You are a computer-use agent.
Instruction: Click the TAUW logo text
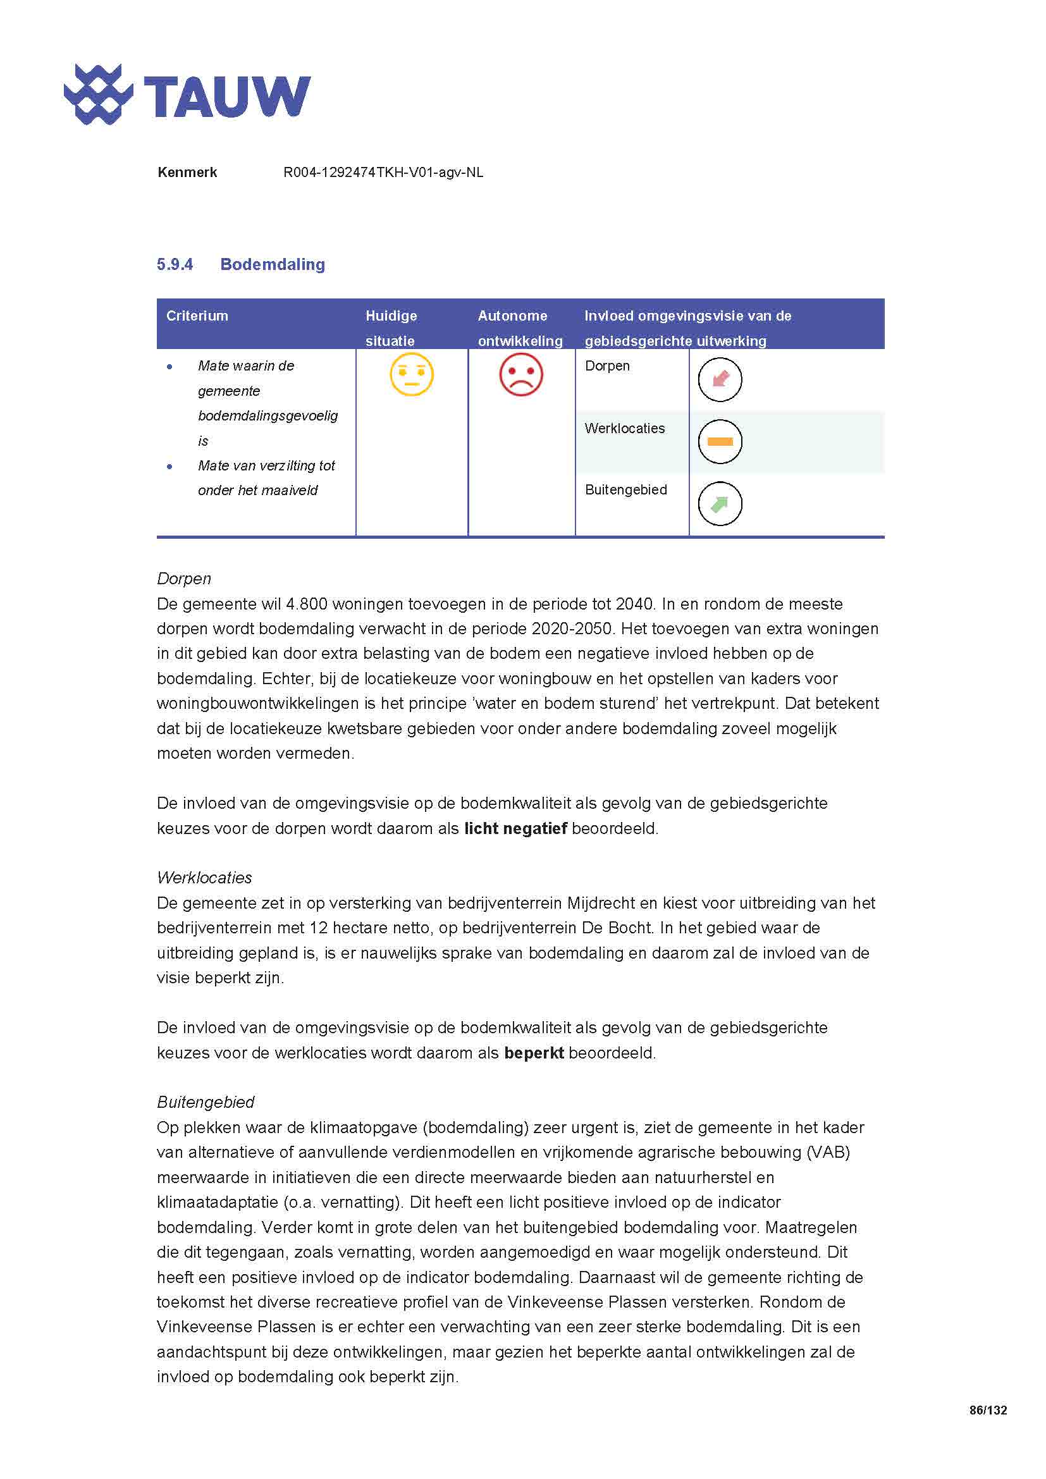click(x=227, y=97)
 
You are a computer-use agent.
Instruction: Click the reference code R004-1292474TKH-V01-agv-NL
click(x=383, y=173)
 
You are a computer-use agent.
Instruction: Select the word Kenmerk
click(x=187, y=173)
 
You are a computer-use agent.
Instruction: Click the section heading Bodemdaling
click(x=273, y=264)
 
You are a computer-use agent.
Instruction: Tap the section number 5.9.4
click(x=175, y=264)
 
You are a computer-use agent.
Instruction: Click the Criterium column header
click(x=197, y=316)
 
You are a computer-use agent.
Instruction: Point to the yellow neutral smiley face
click(x=412, y=374)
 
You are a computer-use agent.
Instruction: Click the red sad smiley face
click(x=521, y=374)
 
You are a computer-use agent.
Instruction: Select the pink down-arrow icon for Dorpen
click(x=720, y=379)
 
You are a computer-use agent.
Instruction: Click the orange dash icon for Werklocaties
click(x=720, y=441)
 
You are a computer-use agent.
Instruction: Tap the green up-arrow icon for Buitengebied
click(x=720, y=504)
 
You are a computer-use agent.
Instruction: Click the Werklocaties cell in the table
click(x=625, y=428)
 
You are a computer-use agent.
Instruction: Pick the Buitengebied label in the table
click(x=625, y=489)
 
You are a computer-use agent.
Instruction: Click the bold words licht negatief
click(x=515, y=828)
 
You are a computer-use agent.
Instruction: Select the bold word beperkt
click(x=534, y=1053)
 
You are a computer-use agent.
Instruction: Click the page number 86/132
click(x=987, y=1410)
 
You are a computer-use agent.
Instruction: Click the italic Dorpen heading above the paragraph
click(x=184, y=579)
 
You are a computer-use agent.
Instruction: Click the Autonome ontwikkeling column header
click(x=520, y=328)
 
